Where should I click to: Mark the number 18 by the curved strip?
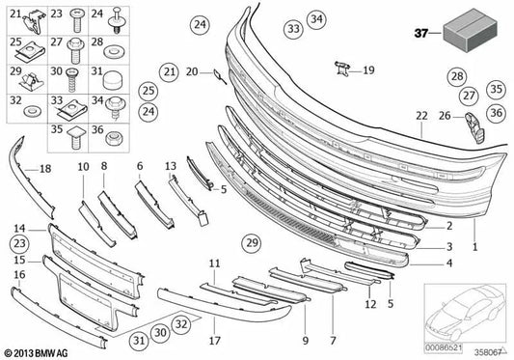coord(45,169)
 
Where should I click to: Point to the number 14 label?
coord(19,230)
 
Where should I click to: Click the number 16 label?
coord(19,275)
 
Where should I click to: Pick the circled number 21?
coord(169,71)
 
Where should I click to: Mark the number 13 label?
coord(172,166)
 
